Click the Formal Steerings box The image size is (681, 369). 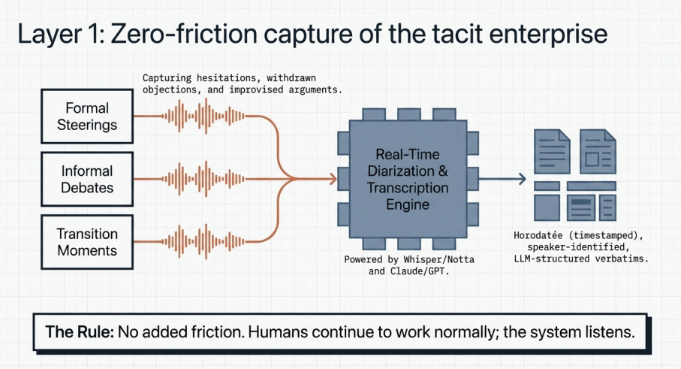(x=87, y=116)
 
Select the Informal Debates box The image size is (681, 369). (x=87, y=179)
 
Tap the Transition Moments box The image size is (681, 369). (x=87, y=241)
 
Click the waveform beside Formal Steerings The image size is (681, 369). (x=204, y=116)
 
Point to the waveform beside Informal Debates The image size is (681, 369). (x=204, y=179)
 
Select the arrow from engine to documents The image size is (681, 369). (x=502, y=179)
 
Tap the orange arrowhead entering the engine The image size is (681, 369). (x=331, y=179)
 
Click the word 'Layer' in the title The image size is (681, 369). (x=50, y=35)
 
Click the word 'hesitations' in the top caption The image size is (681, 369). (x=226, y=77)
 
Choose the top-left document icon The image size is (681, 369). (x=550, y=149)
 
